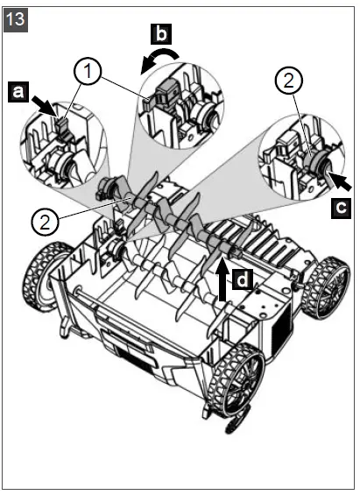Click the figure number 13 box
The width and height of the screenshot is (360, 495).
click(x=17, y=17)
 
